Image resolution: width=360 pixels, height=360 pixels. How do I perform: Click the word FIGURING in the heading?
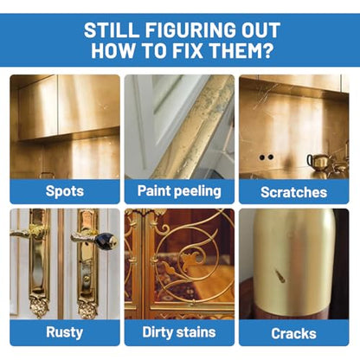pyautogui.click(x=190, y=30)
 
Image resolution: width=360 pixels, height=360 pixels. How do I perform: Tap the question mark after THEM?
pyautogui.click(x=267, y=51)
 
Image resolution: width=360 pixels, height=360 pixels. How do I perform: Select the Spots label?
pyautogui.click(x=65, y=191)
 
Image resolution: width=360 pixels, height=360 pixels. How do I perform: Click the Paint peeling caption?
pyautogui.click(x=179, y=191)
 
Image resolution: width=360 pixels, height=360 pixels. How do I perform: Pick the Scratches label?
pyautogui.click(x=293, y=192)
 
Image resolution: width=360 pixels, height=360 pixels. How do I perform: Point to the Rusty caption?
pyautogui.click(x=65, y=332)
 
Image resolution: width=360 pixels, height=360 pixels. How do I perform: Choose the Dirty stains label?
pyautogui.click(x=179, y=332)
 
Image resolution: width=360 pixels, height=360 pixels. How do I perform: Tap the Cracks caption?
pyautogui.click(x=293, y=334)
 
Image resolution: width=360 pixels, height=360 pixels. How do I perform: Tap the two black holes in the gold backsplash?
pyautogui.click(x=267, y=157)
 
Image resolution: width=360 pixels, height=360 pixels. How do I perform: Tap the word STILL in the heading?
pyautogui.click(x=111, y=30)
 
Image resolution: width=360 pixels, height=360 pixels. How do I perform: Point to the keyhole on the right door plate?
pyautogui.click(x=86, y=279)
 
